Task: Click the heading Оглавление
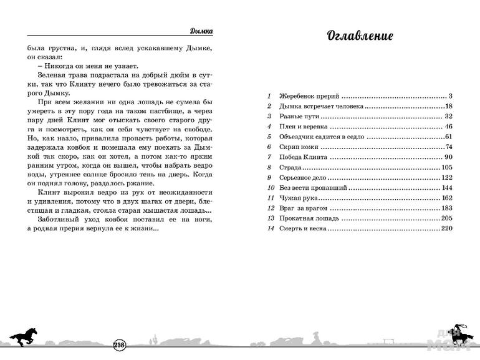click(360, 36)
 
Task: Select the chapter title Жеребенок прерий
click(310, 97)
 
